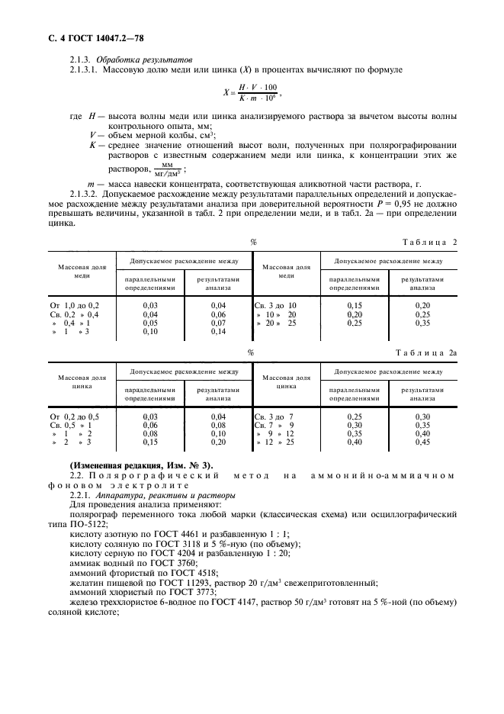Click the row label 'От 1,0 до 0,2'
click(x=74, y=305)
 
